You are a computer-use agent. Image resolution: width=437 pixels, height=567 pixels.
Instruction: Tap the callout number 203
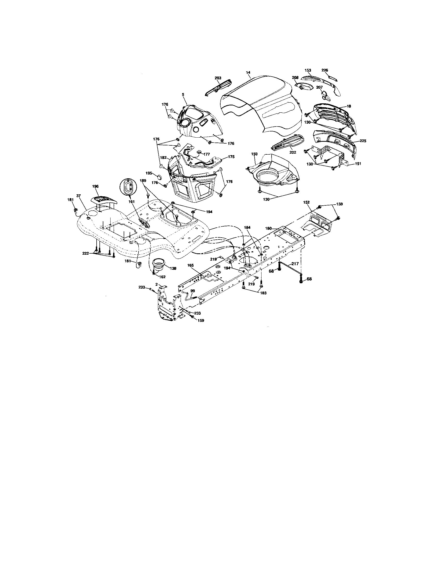click(x=218, y=78)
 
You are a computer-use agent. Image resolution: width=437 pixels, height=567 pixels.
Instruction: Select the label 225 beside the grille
click(x=363, y=141)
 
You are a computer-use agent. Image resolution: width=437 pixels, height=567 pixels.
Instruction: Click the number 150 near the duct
click(x=254, y=154)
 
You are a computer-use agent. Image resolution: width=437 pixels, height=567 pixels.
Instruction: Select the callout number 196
click(x=95, y=186)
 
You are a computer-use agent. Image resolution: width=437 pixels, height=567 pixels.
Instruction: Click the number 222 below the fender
click(x=86, y=253)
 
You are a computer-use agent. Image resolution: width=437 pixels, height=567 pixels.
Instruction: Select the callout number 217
click(x=295, y=264)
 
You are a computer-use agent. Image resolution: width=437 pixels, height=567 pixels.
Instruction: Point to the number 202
click(x=293, y=152)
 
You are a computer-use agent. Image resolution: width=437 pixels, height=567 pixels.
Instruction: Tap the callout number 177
click(x=207, y=154)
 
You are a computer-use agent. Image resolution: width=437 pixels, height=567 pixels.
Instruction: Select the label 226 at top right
click(x=325, y=70)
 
